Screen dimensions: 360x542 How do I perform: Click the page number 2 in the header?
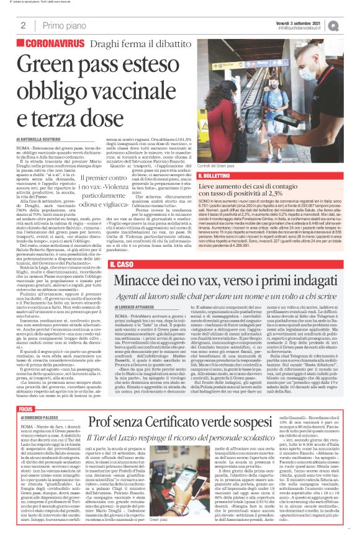click(x=22, y=25)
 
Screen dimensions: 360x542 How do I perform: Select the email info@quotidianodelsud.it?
click(x=303, y=28)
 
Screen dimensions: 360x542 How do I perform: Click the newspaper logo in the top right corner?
click(x=351, y=25)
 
